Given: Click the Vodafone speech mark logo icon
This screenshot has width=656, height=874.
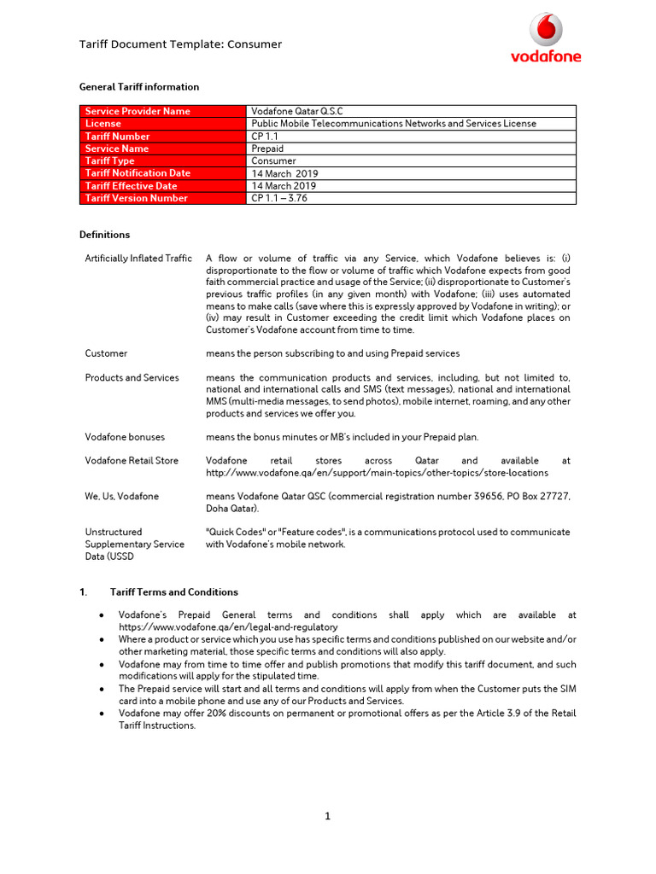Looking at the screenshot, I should pyautogui.click(x=546, y=29).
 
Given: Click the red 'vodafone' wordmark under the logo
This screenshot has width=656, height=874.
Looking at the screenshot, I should pyautogui.click(x=546, y=56).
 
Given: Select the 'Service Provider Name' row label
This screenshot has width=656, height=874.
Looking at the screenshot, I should pyautogui.click(x=138, y=111).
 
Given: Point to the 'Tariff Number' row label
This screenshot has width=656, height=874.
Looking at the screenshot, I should pyautogui.click(x=118, y=137).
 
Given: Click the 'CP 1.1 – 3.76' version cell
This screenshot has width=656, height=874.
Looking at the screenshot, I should pyautogui.click(x=279, y=198).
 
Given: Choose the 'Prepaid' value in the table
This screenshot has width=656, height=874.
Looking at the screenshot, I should pyautogui.click(x=267, y=149).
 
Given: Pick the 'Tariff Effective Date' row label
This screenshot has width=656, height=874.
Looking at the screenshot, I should pyautogui.click(x=132, y=186).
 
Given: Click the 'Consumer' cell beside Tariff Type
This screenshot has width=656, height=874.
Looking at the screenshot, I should pyautogui.click(x=273, y=160).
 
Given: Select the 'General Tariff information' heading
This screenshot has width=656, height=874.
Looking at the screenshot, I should pyautogui.click(x=139, y=87).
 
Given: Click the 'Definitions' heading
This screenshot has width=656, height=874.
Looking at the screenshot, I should pyautogui.click(x=105, y=235).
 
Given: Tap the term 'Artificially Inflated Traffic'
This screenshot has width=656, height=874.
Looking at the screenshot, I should pyautogui.click(x=138, y=259).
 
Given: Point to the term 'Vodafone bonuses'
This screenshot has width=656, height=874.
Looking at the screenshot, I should pyautogui.click(x=125, y=437).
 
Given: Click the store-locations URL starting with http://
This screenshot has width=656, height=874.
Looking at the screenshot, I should pyautogui.click(x=377, y=473).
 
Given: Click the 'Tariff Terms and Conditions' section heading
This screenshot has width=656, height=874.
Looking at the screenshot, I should pyautogui.click(x=174, y=592).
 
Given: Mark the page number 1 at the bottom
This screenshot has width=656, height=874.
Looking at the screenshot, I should pyautogui.click(x=327, y=816).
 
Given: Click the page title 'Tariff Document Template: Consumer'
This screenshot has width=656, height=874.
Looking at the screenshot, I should pyautogui.click(x=180, y=44).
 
